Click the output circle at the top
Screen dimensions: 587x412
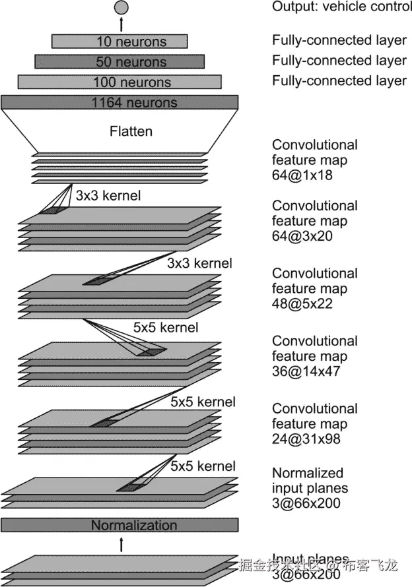point(121,7)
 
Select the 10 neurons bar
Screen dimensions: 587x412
point(120,42)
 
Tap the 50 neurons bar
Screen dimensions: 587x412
point(120,61)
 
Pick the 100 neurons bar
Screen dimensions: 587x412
point(120,82)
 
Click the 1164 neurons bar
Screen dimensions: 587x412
point(120,102)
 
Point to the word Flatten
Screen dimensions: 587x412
point(131,131)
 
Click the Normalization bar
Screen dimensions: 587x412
point(120,525)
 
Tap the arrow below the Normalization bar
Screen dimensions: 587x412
point(121,543)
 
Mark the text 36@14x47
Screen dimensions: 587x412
point(306,371)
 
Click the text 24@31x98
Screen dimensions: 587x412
point(306,439)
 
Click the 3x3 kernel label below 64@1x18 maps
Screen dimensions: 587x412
point(108,196)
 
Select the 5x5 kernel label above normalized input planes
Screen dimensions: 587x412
point(203,466)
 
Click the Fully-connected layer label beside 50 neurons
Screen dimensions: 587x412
point(339,61)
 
